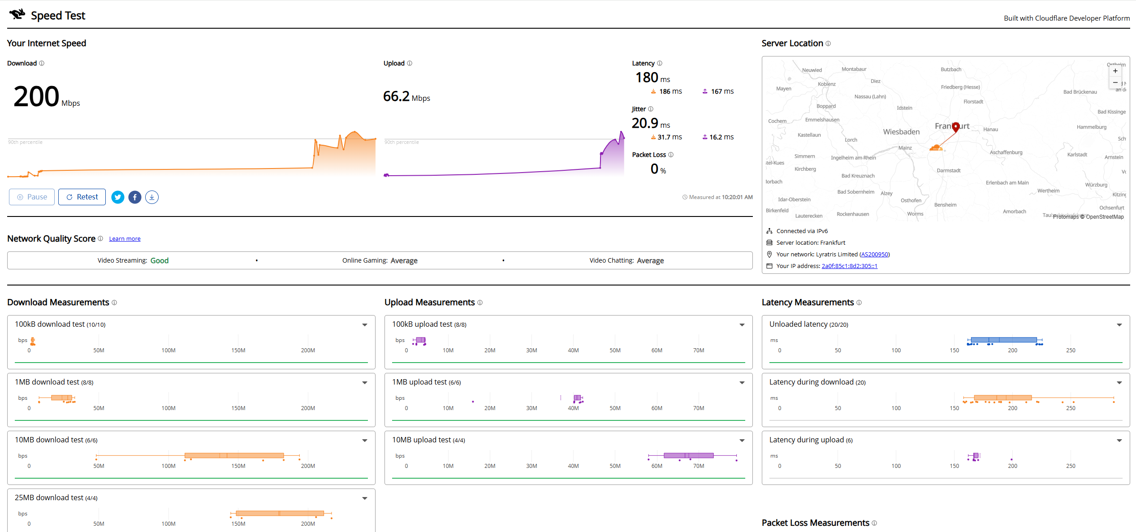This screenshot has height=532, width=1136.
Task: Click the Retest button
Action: pyautogui.click(x=82, y=197)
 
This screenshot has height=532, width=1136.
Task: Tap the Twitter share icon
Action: pyautogui.click(x=118, y=197)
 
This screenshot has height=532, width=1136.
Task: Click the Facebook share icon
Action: pyautogui.click(x=135, y=197)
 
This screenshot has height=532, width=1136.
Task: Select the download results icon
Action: pyautogui.click(x=152, y=197)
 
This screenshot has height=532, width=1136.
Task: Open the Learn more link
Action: pyautogui.click(x=125, y=239)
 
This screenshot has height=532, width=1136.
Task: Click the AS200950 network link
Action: pyautogui.click(x=875, y=254)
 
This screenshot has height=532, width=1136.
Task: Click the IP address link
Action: pyautogui.click(x=849, y=266)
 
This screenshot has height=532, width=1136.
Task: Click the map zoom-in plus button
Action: pyautogui.click(x=1115, y=71)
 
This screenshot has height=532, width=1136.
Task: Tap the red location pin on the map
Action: pyautogui.click(x=955, y=127)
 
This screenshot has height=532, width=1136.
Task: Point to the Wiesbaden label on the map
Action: pyautogui.click(x=901, y=132)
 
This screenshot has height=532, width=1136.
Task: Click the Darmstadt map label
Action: pyautogui.click(x=949, y=170)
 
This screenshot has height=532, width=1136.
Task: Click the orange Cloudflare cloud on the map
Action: pyautogui.click(x=936, y=147)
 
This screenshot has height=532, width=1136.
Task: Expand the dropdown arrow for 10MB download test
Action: pyautogui.click(x=365, y=441)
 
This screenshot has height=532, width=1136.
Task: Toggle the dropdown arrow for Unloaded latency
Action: pyautogui.click(x=1119, y=325)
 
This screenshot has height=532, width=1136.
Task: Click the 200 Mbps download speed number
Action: pyautogui.click(x=36, y=96)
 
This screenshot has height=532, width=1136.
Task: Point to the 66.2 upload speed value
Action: pyautogui.click(x=396, y=96)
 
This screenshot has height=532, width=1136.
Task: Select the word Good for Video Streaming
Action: pyautogui.click(x=160, y=260)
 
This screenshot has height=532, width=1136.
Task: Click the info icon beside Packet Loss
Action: pyautogui.click(x=671, y=155)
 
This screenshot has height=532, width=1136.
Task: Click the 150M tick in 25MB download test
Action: pyautogui.click(x=238, y=523)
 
